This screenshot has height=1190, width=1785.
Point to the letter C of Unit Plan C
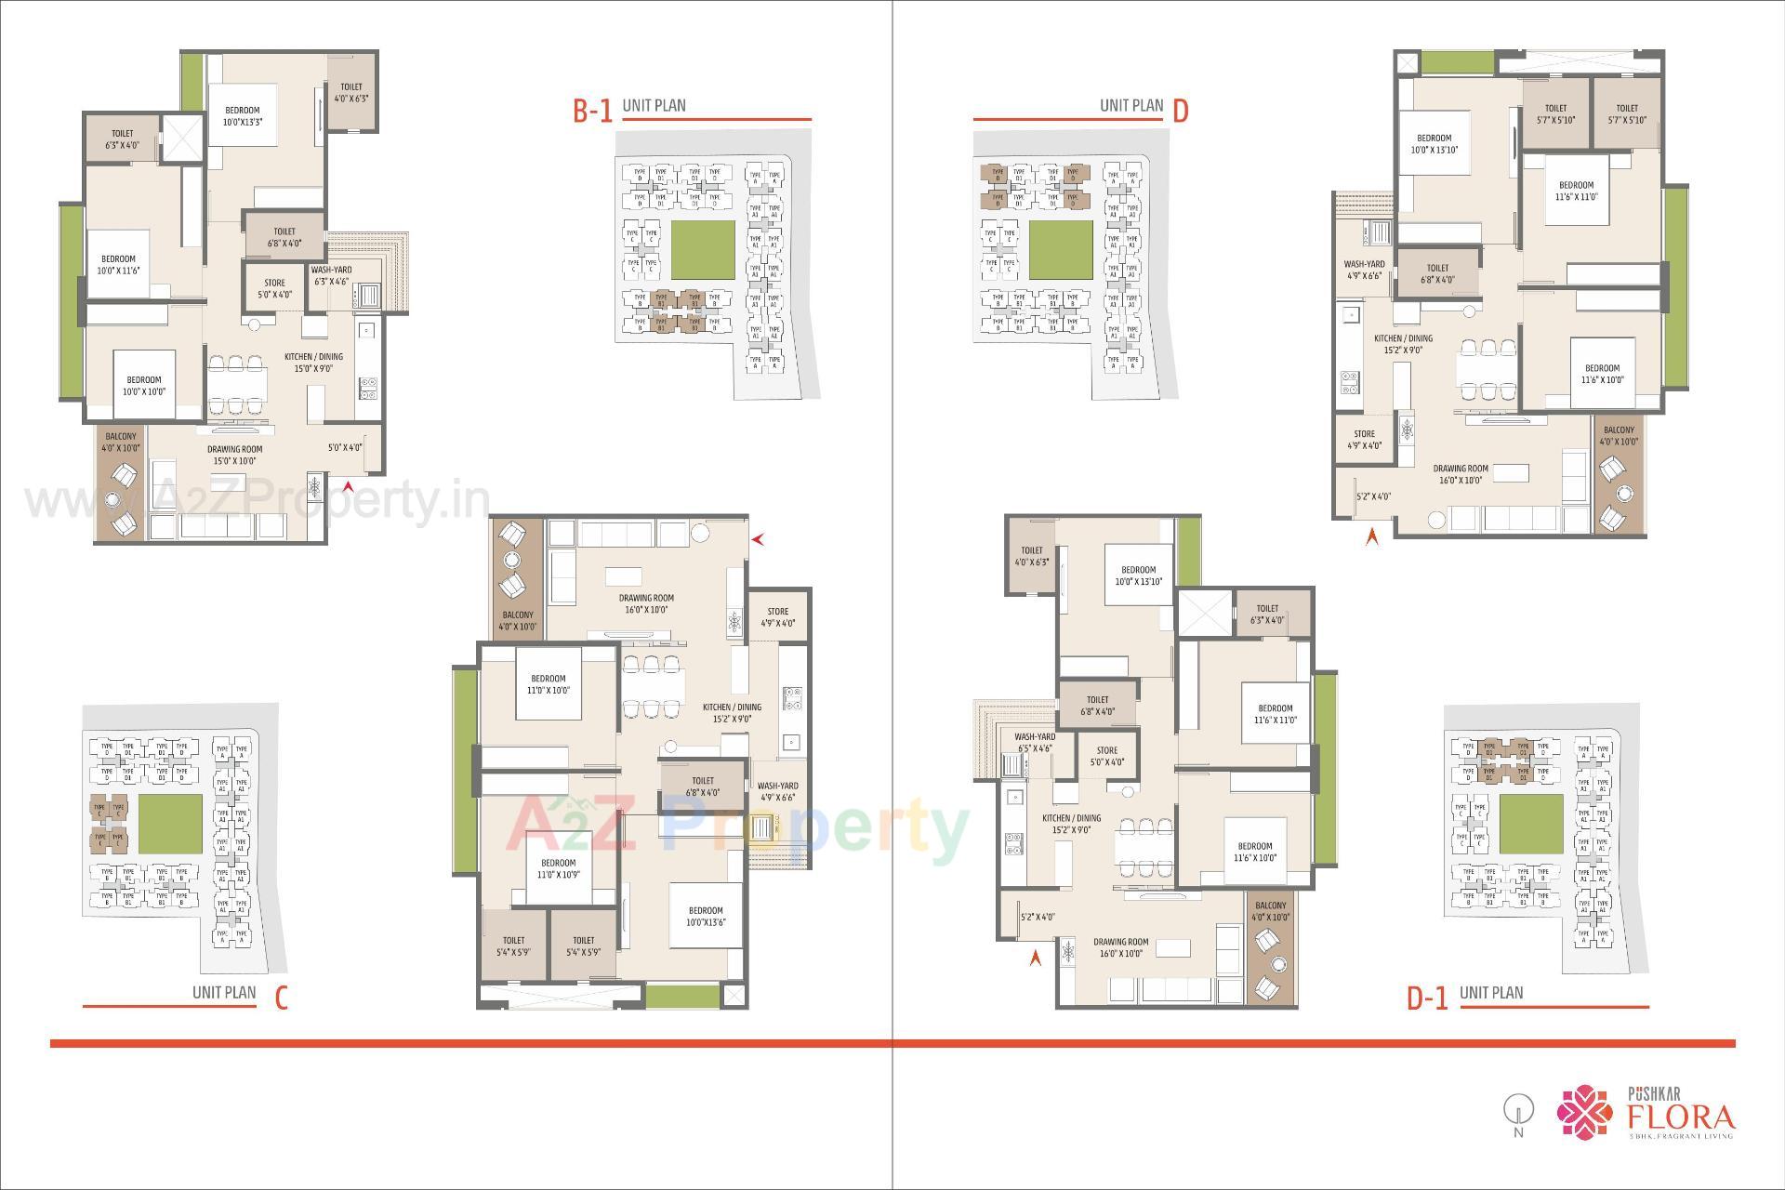(x=281, y=998)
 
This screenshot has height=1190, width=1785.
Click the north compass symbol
(x=1518, y=1112)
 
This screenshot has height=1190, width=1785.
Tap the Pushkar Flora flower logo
(x=1586, y=1113)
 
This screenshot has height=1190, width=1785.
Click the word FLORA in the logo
(x=1680, y=1116)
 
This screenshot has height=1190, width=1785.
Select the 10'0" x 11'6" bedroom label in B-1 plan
(x=118, y=265)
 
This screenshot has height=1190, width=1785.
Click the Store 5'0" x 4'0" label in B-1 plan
(x=274, y=289)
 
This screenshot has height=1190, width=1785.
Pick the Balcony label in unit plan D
(x=1619, y=436)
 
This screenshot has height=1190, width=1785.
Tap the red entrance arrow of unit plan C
(x=759, y=538)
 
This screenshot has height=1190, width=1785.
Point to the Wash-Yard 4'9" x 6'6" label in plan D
(x=1364, y=270)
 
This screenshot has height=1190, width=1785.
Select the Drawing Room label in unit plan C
(x=646, y=604)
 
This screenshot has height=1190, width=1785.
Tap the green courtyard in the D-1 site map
(x=1529, y=825)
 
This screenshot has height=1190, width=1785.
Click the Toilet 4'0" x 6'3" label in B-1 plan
(x=351, y=92)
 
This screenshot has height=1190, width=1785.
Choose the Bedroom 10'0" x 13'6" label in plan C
(x=706, y=917)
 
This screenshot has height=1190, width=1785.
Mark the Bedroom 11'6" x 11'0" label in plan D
(x=1576, y=191)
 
